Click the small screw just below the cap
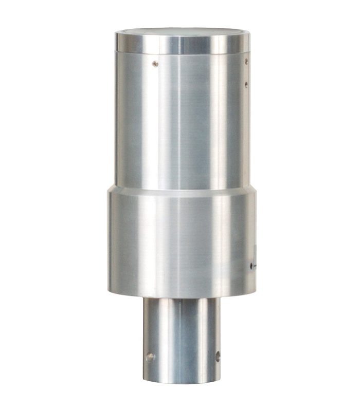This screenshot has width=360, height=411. pos(155,64)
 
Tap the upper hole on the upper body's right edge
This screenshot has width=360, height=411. pos(246,62)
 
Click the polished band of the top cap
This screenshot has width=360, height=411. pos(154,43)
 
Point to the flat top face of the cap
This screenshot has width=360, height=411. pos(180,32)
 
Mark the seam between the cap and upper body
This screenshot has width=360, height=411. pos(180,53)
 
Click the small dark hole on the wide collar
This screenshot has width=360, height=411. pos(251,266)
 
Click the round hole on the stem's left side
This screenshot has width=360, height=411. pos(150,357)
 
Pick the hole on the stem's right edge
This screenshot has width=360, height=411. pos(218,356)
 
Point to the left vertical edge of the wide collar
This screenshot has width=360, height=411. pos(109,241)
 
